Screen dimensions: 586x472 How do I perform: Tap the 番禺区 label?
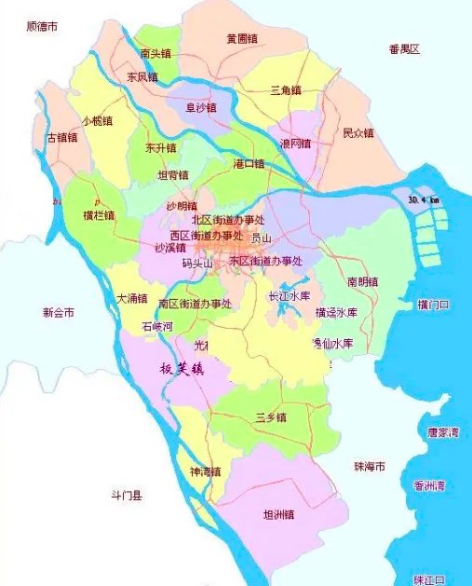[405, 48]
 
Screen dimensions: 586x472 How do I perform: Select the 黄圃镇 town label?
[241, 39]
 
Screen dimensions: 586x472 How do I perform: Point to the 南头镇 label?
[155, 53]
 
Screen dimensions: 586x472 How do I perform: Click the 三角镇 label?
[285, 90]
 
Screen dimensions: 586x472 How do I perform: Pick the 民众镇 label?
[358, 133]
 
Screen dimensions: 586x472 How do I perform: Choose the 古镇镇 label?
[62, 138]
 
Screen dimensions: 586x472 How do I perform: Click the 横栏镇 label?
[98, 215]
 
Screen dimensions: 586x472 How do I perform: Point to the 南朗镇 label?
[363, 281]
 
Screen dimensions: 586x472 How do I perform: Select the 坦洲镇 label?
[278, 513]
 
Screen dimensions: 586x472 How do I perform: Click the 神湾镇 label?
[205, 471]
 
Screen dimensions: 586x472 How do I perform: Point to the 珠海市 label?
[370, 466]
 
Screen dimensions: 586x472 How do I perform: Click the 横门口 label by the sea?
[434, 305]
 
